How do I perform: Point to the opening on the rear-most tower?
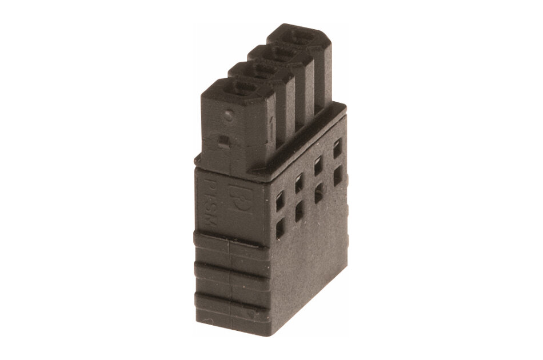[x=301, y=38]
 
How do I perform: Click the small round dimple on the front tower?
[x=227, y=115]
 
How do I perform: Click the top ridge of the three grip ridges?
[x=229, y=242]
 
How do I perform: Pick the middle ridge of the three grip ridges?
[x=229, y=271]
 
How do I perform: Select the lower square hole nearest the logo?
[x=280, y=230]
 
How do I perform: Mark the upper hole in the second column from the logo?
[x=298, y=185]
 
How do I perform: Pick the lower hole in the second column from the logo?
[x=299, y=214]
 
